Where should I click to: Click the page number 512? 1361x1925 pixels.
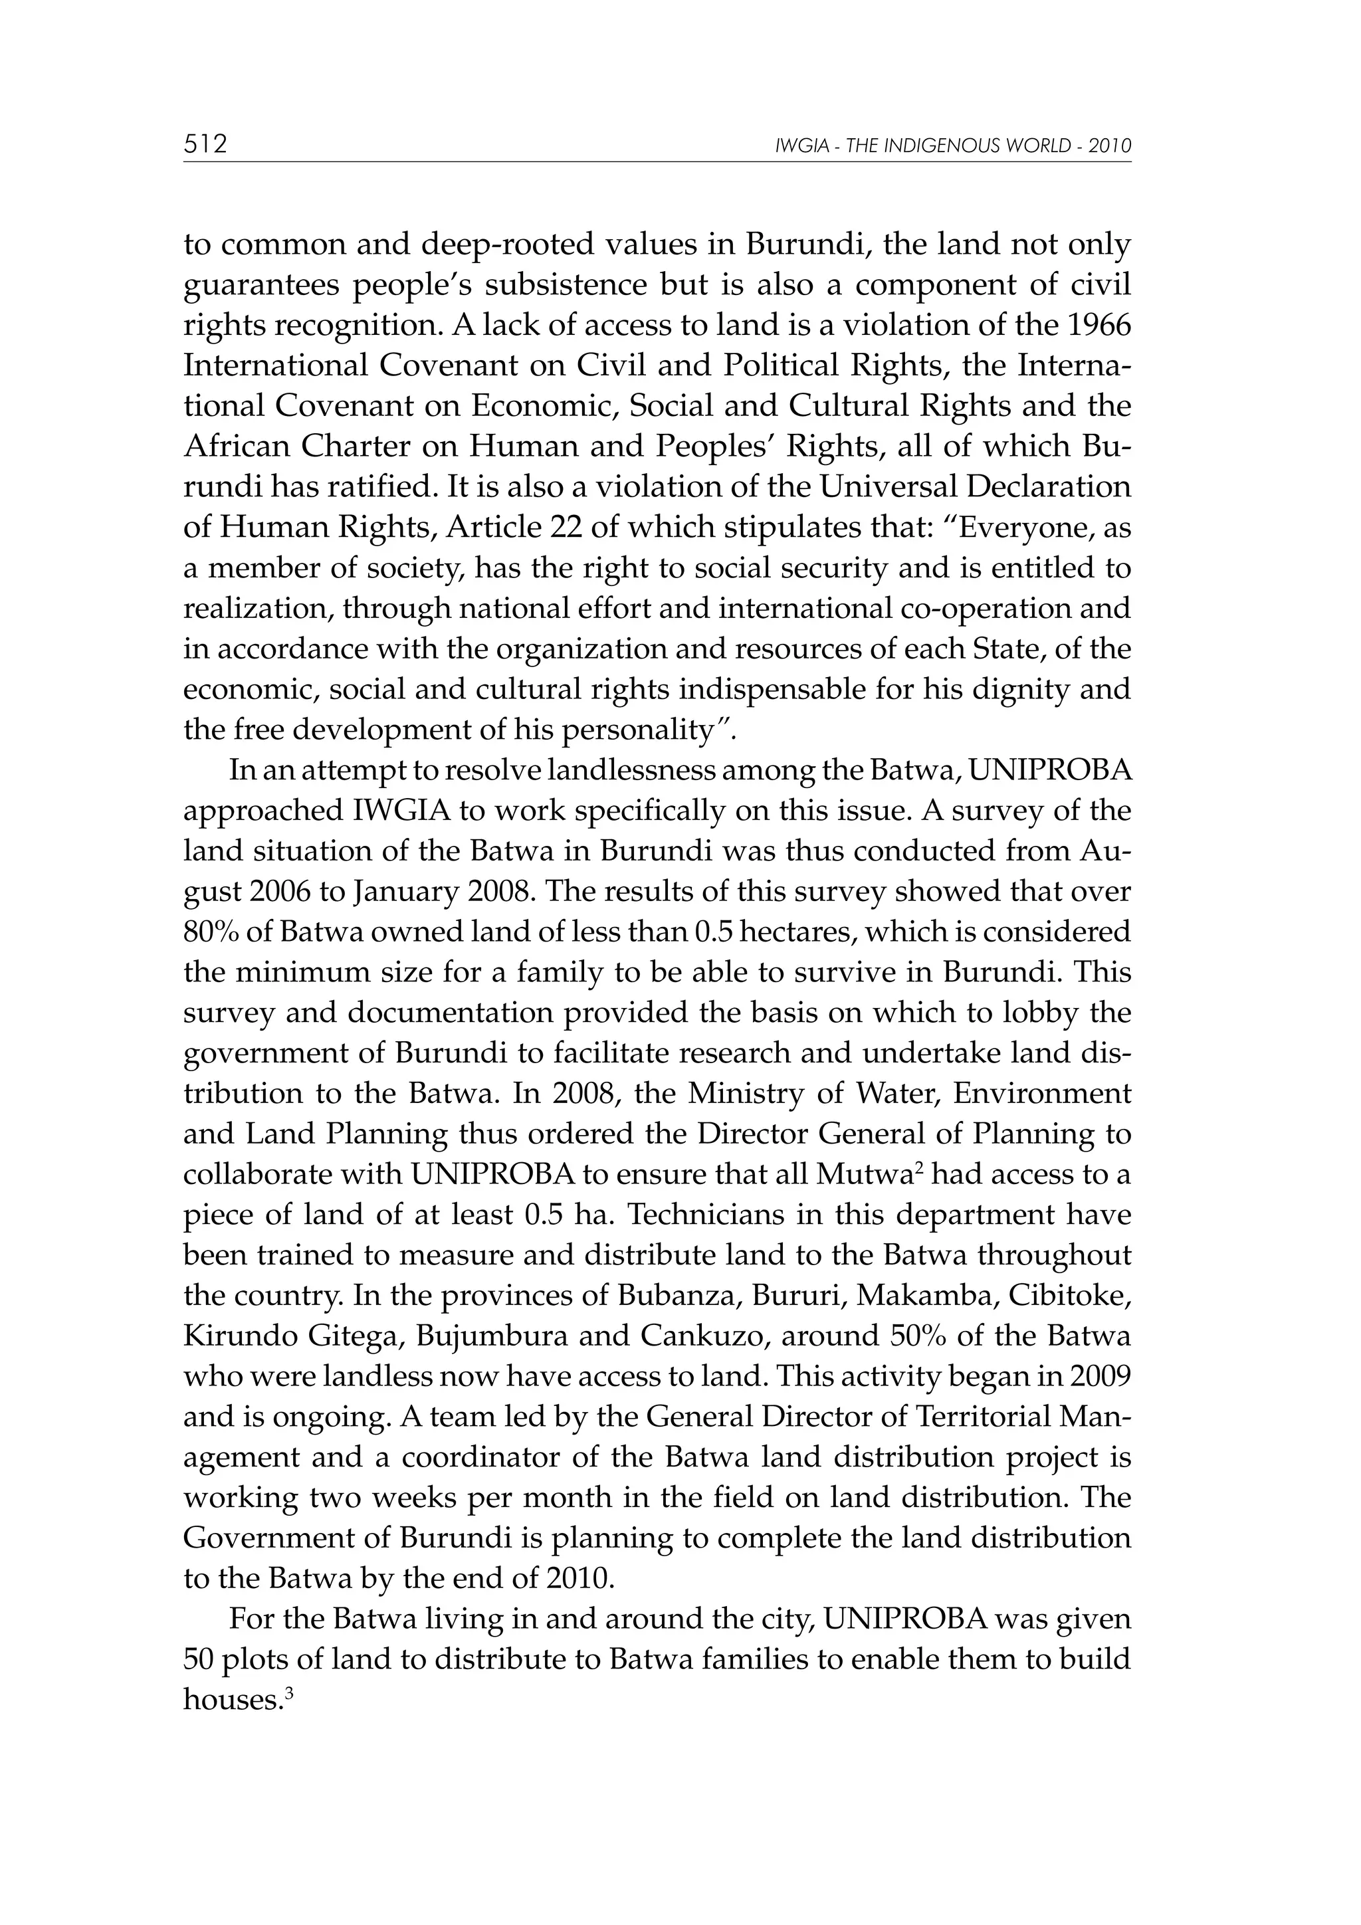click(205, 144)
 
